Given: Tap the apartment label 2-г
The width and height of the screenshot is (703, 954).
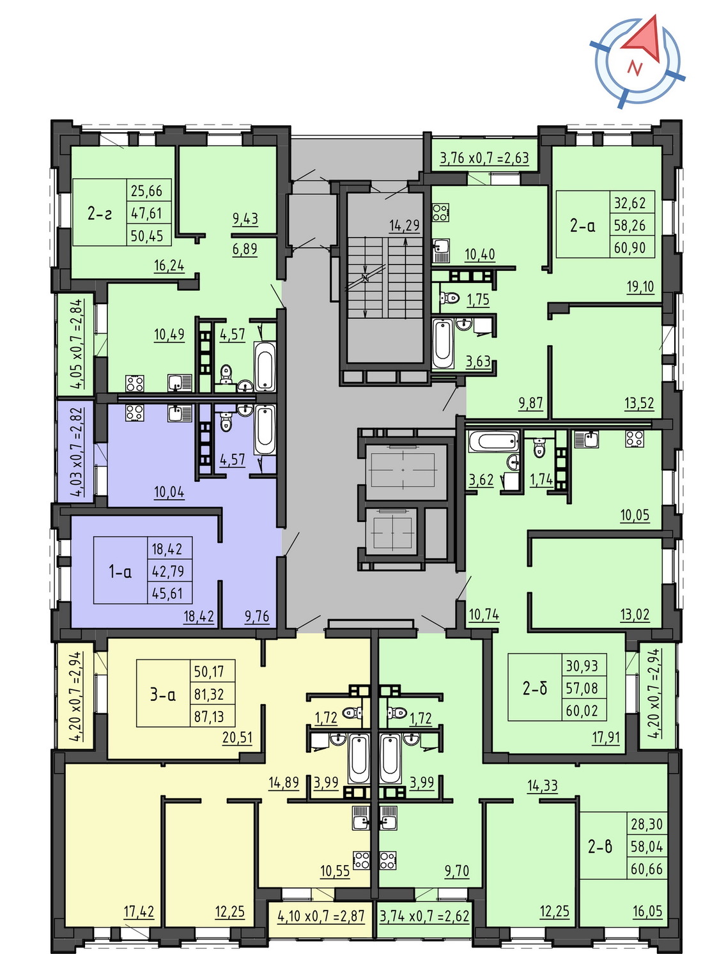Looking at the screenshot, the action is coord(100,213).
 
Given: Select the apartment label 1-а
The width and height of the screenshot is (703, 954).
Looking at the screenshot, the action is coord(120,571).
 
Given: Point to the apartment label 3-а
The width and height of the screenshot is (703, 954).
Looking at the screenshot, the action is coord(163,695).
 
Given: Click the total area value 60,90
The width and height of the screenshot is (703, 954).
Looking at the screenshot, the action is coord(630,247).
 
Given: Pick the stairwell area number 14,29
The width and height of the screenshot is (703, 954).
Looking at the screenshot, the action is coord(405,225).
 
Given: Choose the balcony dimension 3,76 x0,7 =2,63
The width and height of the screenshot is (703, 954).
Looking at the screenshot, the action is coord(484,158).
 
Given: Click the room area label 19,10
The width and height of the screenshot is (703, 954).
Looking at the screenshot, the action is coord(640,287).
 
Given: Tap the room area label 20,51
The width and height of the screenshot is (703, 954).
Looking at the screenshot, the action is coord(237,737).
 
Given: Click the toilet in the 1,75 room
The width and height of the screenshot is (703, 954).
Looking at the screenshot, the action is coord(449,297).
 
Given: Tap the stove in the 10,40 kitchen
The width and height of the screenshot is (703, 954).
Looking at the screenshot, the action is coord(441,213).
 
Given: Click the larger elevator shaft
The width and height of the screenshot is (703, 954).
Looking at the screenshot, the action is coord(403,471).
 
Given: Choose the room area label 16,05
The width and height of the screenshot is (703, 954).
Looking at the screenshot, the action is coord(647,911).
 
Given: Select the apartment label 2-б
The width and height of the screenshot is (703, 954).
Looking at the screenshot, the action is coord(535,688).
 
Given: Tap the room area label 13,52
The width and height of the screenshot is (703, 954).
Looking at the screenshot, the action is coord(639,403).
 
